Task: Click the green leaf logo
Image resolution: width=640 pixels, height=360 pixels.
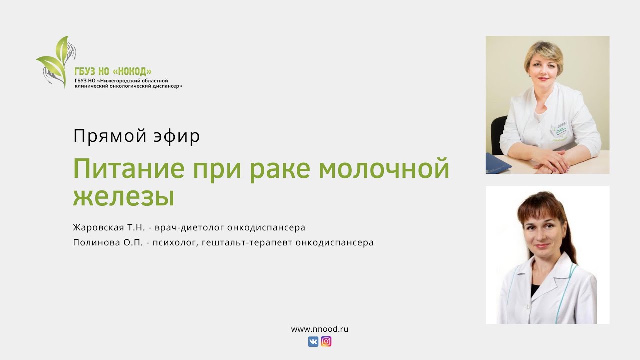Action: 55,61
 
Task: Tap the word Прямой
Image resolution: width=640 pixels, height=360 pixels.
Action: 102,136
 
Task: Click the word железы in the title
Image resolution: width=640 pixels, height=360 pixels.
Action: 123,197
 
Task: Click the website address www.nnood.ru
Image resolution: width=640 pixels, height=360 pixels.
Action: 319,329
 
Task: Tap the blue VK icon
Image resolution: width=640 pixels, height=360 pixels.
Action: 313,342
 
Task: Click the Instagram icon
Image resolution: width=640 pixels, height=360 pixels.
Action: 326,342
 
